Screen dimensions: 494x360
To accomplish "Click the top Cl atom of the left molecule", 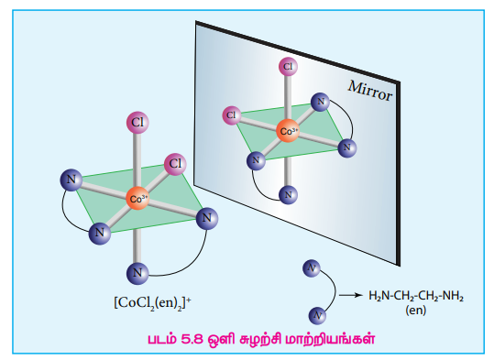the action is click(137, 122).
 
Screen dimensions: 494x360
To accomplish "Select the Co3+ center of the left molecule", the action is click(137, 199).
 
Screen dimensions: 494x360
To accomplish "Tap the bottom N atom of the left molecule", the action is click(137, 273).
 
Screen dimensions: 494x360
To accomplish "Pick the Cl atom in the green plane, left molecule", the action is click(175, 164).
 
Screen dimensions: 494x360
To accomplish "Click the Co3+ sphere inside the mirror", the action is click(288, 131).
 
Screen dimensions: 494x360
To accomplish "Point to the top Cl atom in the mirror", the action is click(288, 67).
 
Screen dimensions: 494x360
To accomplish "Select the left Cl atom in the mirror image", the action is click(232, 115).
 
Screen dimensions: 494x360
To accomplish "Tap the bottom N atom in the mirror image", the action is click(288, 195).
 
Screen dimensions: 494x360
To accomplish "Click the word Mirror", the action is click(370, 91).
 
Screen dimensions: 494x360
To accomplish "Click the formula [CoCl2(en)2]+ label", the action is click(152, 303).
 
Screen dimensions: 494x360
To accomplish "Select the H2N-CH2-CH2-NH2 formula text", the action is click(416, 296).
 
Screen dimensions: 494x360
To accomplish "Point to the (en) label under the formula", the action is click(415, 311).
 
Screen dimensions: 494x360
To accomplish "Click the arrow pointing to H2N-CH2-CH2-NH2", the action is click(351, 295).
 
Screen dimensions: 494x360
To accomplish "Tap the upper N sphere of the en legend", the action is click(312, 268).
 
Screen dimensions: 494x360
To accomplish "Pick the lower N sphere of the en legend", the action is click(317, 316).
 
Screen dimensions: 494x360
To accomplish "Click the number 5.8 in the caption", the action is click(192, 339).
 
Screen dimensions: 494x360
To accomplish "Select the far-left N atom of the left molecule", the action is click(71, 180).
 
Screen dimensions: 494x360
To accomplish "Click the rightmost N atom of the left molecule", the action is click(207, 218).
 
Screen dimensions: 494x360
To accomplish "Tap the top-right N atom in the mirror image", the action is click(320, 102).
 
